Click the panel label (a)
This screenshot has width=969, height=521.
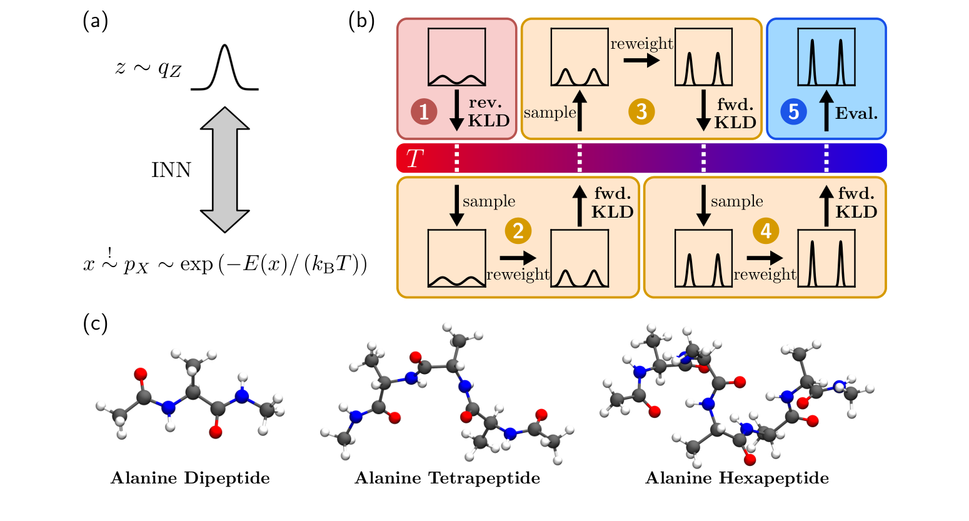pos(95,22)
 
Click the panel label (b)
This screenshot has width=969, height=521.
pos(361,22)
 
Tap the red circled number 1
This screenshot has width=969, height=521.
pos(424,112)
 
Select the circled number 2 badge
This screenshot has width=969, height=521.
pos(518,231)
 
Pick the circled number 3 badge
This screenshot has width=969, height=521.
pos(641,112)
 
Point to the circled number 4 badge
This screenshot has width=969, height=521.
pos(765,231)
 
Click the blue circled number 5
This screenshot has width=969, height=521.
pos(793,112)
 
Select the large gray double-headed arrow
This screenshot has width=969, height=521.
pos(224,169)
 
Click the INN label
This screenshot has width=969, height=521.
pos(171,170)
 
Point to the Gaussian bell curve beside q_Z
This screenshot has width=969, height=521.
pos(225,68)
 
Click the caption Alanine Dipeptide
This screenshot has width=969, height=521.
pos(190,478)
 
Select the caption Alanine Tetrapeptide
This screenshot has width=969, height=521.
pos(447,478)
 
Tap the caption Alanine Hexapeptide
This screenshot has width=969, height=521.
pos(737,478)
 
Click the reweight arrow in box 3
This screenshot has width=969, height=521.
pos(641,61)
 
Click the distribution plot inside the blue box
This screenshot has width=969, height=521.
pos(826,57)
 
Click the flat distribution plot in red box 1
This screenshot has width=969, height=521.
pos(456,57)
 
